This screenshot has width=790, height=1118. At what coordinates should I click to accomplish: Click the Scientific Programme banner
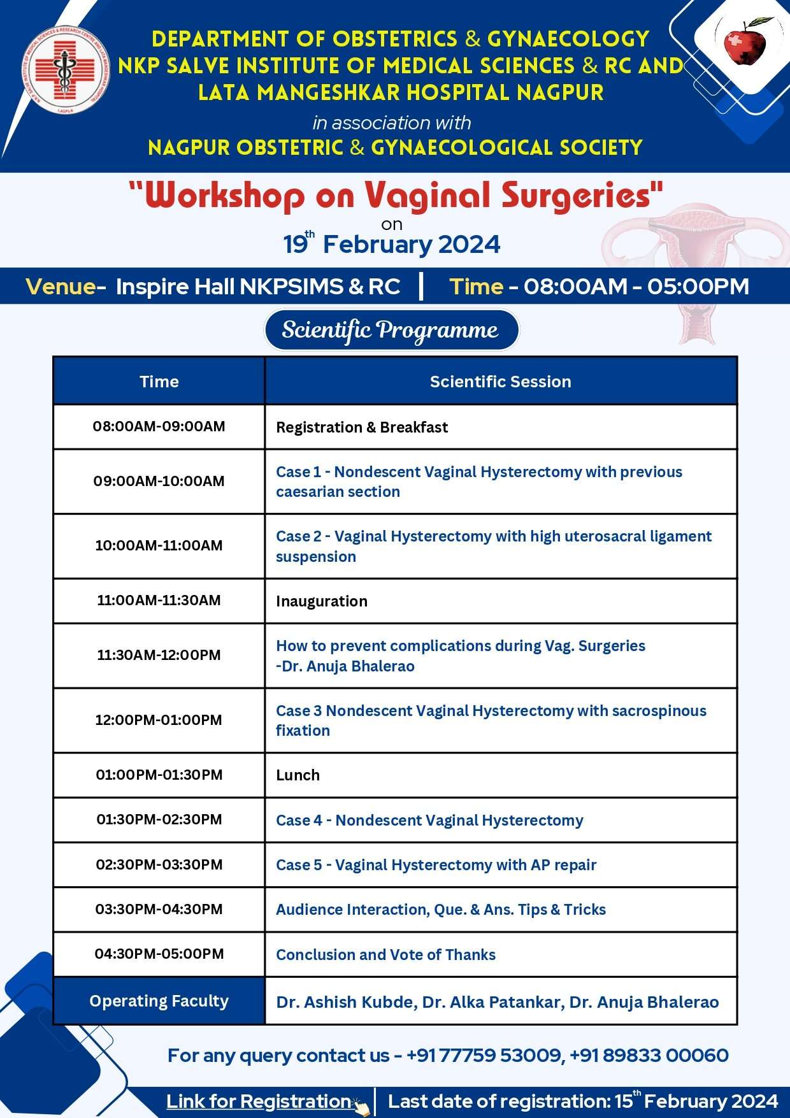click(x=391, y=330)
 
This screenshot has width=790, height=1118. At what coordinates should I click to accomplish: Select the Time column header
click(x=159, y=382)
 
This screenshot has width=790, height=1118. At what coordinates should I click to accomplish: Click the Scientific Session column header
click(x=500, y=382)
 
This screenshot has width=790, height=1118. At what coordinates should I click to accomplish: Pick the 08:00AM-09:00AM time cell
click(x=159, y=426)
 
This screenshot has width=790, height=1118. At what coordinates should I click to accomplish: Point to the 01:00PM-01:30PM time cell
click(x=159, y=775)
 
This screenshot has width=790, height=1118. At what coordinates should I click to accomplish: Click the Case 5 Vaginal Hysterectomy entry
click(x=436, y=864)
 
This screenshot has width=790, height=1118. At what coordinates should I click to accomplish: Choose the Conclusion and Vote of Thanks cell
click(x=385, y=954)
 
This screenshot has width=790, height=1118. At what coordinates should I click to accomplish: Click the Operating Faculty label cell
click(x=159, y=1001)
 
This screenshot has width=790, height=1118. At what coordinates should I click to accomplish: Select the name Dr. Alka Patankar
click(x=492, y=1002)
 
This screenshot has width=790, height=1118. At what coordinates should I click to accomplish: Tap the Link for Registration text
click(x=258, y=1101)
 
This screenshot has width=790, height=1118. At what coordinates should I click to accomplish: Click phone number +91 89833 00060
click(x=649, y=1056)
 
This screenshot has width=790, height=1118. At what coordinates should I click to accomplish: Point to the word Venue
click(x=61, y=287)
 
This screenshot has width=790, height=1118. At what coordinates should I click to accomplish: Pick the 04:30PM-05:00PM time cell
click(x=159, y=954)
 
